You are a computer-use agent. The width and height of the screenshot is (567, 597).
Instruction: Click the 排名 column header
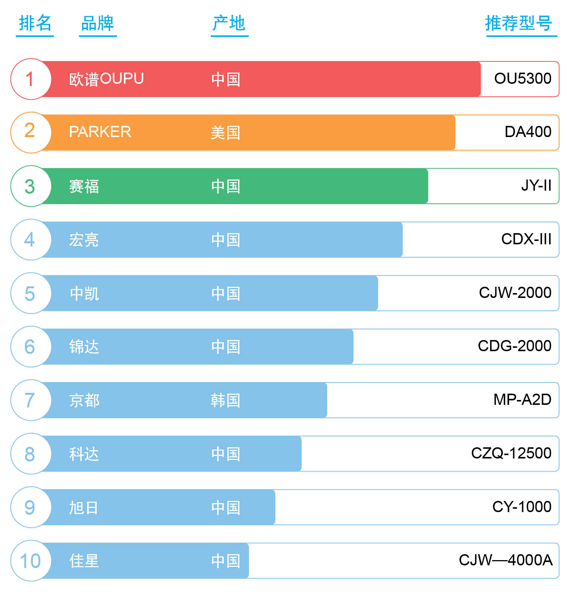point(35,23)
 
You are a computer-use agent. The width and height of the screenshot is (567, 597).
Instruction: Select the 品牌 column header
point(97,23)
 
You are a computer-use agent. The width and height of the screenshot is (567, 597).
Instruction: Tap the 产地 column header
point(229,23)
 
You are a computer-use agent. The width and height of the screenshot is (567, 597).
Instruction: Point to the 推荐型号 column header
point(519,23)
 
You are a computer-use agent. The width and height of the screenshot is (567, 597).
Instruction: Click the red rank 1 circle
point(31,79)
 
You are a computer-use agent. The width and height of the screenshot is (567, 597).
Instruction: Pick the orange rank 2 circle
point(31,132)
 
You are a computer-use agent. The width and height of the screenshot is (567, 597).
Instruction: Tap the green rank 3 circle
point(31,186)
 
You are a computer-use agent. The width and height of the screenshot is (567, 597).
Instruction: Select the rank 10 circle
point(31,561)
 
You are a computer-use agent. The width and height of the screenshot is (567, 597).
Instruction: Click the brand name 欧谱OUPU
point(106,79)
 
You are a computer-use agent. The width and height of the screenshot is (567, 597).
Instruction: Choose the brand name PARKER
point(100,132)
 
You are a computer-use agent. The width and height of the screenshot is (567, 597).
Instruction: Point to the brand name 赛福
point(84,186)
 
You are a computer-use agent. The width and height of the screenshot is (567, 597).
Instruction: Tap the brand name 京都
point(84,400)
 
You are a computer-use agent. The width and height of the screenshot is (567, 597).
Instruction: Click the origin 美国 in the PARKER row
point(225,133)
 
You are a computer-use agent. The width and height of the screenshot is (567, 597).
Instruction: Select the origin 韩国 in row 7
point(225,400)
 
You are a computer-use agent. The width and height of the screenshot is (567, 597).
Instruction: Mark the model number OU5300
point(522,79)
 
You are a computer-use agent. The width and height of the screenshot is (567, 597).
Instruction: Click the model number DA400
point(528,132)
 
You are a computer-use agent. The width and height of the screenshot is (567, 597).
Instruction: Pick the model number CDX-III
point(526,239)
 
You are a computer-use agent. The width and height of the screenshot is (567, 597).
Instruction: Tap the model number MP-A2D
point(522,400)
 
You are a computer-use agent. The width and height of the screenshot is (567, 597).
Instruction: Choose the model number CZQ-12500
point(511,453)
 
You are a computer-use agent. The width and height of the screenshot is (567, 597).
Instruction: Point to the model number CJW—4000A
point(505,560)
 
